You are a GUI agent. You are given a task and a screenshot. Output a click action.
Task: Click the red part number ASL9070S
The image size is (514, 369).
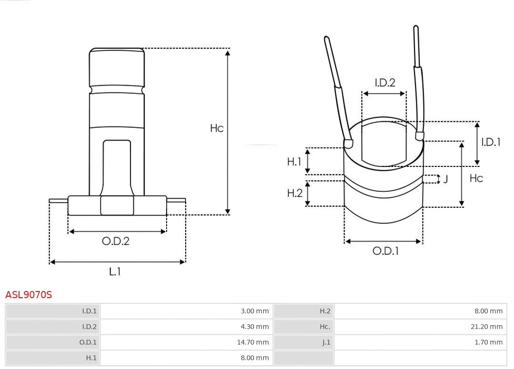[29, 295]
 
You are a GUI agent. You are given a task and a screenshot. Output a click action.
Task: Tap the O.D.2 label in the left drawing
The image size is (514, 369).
[116, 241]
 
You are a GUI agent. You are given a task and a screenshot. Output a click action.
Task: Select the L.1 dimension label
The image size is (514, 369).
[115, 272]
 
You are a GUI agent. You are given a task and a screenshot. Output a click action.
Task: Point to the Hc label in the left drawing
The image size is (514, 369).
[217, 128]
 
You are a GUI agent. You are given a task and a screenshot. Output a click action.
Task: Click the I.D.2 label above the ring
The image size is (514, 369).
[385, 83]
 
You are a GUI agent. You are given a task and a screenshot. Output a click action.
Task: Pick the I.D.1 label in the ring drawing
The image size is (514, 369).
[491, 142]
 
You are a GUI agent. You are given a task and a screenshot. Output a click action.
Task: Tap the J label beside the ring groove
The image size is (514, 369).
[445, 179]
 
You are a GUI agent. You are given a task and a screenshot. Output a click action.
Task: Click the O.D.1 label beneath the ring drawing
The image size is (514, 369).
[385, 251]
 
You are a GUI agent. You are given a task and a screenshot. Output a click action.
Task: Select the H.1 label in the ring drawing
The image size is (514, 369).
[294, 162]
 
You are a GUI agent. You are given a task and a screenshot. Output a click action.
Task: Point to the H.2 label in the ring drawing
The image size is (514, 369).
[295, 193]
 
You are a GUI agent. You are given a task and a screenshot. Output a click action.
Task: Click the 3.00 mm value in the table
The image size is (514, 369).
[255, 311]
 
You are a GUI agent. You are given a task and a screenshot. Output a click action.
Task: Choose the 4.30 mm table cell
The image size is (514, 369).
[255, 327]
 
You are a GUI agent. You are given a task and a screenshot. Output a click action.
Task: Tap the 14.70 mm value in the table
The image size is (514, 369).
[253, 342]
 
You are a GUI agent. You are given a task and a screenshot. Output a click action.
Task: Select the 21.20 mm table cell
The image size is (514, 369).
[487, 327]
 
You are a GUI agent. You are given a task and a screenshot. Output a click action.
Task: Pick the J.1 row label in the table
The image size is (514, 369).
[326, 342]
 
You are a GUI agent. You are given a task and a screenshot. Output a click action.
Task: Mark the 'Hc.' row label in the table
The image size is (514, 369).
[325, 327]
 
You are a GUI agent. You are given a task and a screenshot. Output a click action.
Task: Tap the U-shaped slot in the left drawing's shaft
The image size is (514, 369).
[117, 166]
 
